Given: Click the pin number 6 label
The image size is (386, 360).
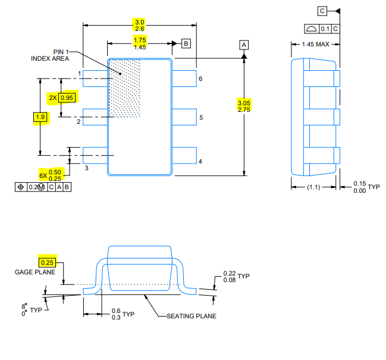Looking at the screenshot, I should click(x=200, y=79).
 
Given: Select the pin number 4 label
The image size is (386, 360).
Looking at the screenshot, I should click(x=200, y=161).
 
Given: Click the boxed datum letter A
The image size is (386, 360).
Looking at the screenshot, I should click(x=244, y=45).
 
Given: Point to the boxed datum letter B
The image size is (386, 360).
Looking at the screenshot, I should click(x=186, y=43).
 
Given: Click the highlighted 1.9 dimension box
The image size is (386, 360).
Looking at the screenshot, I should click(x=40, y=117).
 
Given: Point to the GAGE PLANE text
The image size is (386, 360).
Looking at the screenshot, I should click(x=35, y=272).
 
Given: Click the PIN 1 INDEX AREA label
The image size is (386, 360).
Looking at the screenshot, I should click(x=50, y=55).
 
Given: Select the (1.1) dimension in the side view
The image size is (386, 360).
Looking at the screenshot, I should click(x=313, y=187).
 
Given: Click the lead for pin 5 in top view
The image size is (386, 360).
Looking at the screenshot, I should click(x=184, y=117).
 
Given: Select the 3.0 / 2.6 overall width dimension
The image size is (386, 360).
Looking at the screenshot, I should click(x=140, y=25).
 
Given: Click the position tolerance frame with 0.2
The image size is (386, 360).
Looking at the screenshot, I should click(x=43, y=187).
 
